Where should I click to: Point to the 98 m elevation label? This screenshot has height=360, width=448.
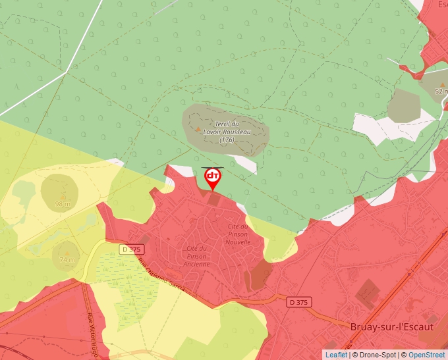pos(63,204)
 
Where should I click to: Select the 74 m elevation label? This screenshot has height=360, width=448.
pos(67,260)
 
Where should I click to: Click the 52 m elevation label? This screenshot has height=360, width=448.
pos(441,91)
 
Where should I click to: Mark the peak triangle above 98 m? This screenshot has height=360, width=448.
pos(63,196)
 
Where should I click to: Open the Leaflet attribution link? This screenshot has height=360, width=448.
pos(336,355)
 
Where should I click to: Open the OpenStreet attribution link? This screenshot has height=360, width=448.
pos(426,355)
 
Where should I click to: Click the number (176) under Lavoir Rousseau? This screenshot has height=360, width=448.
pos(227,140)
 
